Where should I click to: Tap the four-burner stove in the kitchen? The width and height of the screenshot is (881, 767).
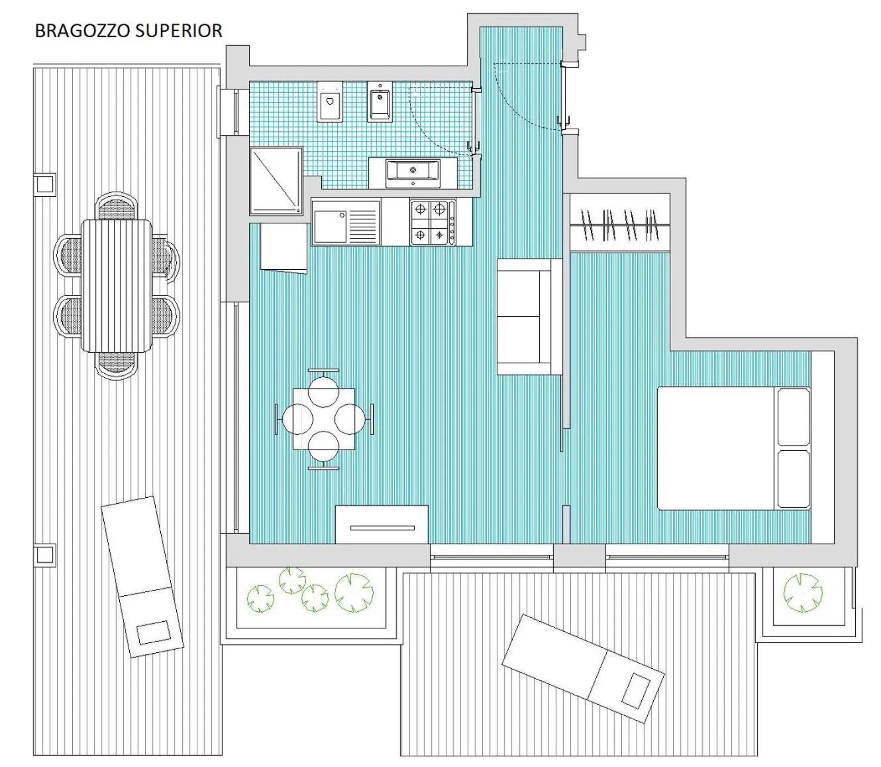click(x=433, y=222)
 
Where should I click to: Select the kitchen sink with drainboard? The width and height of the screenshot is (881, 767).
click(x=346, y=222)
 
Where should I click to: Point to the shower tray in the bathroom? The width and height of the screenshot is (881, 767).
click(x=276, y=181)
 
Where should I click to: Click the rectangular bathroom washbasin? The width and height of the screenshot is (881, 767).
click(x=412, y=172)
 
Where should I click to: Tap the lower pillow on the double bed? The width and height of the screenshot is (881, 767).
click(x=793, y=479)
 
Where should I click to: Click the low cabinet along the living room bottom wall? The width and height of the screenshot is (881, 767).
click(x=382, y=524)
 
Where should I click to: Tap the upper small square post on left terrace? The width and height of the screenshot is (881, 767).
click(x=45, y=183)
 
